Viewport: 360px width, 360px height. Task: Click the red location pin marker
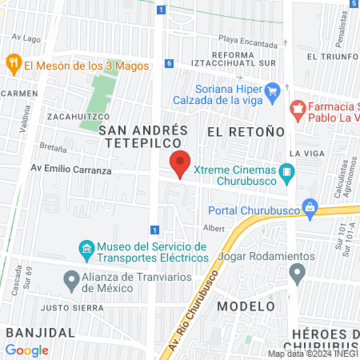pos(181,163)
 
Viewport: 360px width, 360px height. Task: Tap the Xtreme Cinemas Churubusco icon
pos(287,171)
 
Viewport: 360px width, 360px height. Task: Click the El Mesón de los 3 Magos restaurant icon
pos(13,62)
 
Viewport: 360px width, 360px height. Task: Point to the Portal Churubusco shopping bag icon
pos(309,210)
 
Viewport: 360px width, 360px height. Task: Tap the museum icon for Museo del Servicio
pos(86,252)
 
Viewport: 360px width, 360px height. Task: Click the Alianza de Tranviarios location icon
pos(70,280)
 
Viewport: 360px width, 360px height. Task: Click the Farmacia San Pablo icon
pos(297,107)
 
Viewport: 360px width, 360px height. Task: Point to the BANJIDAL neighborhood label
pos(40,331)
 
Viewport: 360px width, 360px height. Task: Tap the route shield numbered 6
pos(170,63)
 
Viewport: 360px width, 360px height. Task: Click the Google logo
pos(26,350)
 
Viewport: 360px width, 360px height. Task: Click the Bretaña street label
pos(52,149)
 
